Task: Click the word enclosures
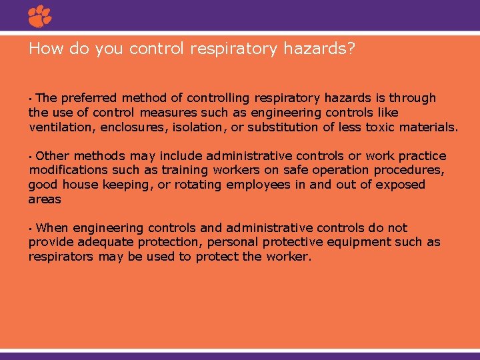[x=132, y=127]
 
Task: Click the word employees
[x=258, y=185]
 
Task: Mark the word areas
[x=45, y=199]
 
